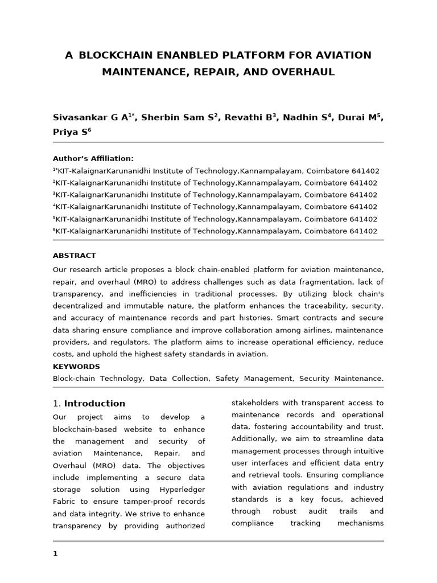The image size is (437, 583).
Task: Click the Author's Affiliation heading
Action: pos(93,158)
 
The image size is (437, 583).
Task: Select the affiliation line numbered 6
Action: pos(215,231)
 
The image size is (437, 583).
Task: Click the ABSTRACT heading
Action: pos(74,256)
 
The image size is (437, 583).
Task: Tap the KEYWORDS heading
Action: pos(76,367)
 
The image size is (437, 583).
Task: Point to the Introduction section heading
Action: pos(94,404)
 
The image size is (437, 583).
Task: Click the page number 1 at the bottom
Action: pos(55,553)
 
